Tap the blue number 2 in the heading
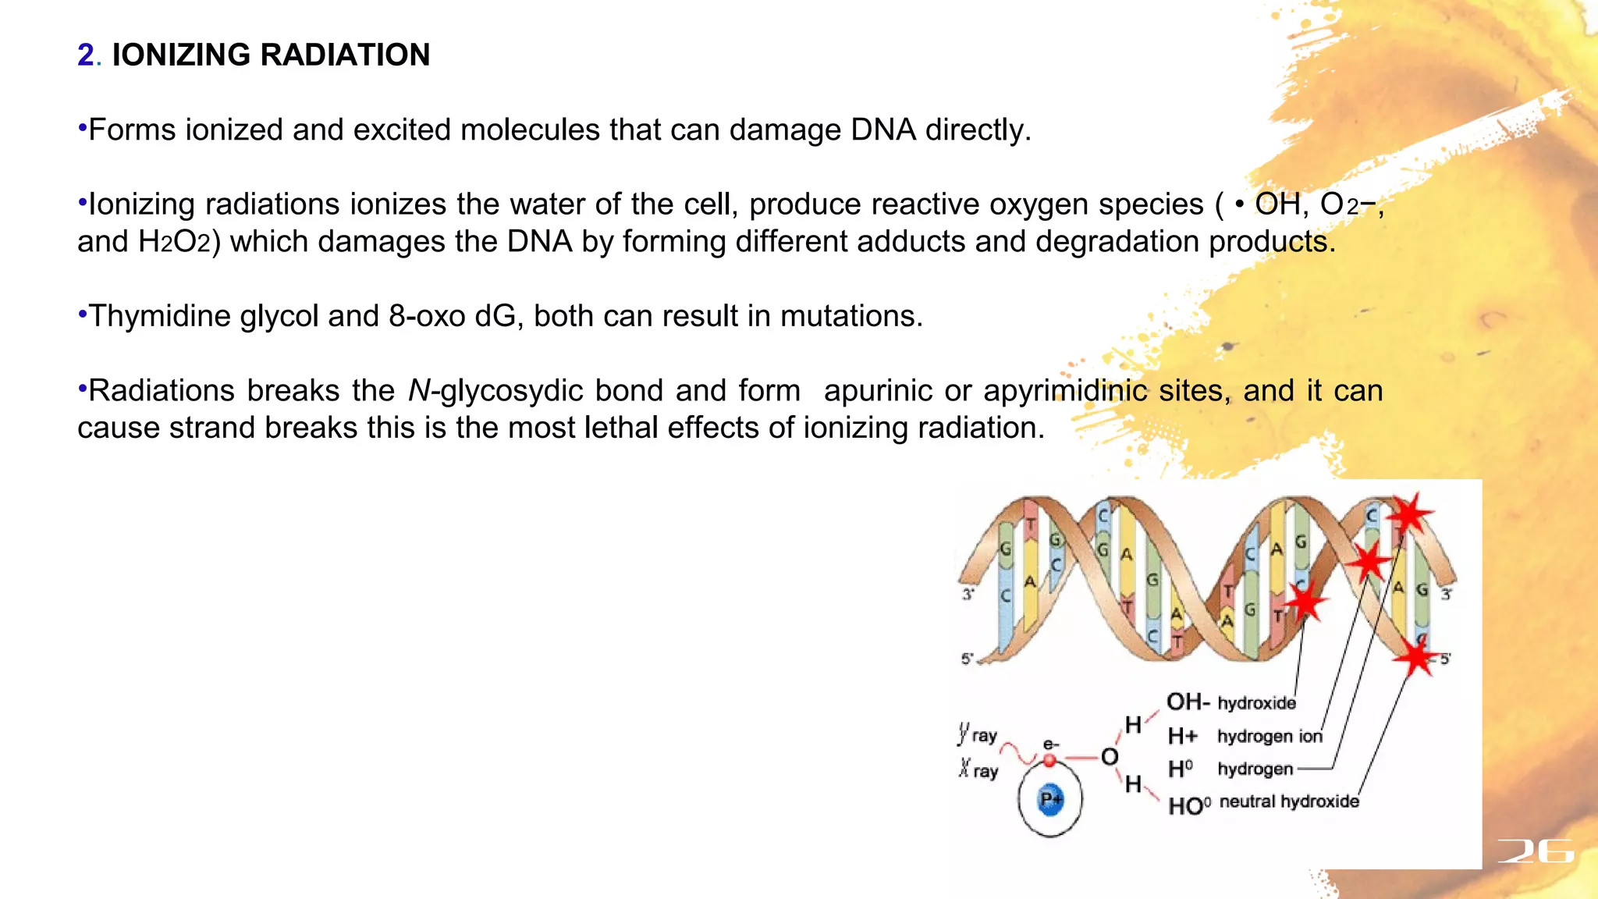(x=86, y=55)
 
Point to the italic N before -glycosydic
(x=419, y=391)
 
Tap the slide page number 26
(x=1535, y=851)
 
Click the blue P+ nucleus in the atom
(x=1051, y=800)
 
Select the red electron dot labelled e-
(x=1049, y=760)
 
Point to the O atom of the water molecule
(x=1110, y=757)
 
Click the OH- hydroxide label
(x=1230, y=702)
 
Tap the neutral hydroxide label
(x=1288, y=802)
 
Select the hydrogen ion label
(x=1269, y=736)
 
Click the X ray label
(x=978, y=770)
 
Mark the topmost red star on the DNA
(x=1409, y=514)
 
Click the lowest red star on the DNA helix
(x=1415, y=657)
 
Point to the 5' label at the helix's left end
(x=968, y=659)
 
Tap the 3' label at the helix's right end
(x=1446, y=595)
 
